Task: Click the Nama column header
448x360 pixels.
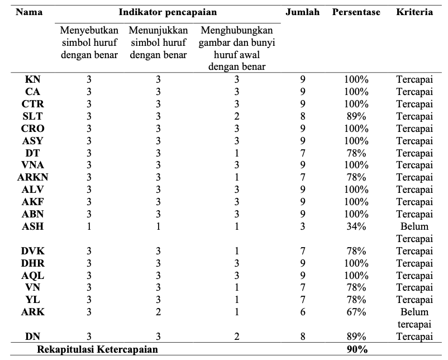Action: [29, 12]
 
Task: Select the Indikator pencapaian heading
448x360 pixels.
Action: [168, 12]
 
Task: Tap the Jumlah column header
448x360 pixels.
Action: [303, 12]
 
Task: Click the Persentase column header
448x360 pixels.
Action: [356, 12]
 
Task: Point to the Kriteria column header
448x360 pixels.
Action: [414, 12]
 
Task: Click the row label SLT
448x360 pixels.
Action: [32, 116]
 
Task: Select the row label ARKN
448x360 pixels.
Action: [32, 177]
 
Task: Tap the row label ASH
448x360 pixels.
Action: [32, 226]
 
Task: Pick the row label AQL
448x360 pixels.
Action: [32, 276]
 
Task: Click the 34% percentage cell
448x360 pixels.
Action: [356, 226]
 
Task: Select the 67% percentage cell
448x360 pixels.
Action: [356, 312]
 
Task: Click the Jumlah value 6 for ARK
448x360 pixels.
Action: [303, 312]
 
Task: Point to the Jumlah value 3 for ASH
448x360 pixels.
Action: [303, 226]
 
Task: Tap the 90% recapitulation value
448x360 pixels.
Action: [357, 349]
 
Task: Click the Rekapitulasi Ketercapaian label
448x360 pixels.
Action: [97, 349]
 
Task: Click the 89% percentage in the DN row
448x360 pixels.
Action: [356, 337]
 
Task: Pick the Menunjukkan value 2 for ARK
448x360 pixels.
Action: [158, 312]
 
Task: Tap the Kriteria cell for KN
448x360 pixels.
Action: [414, 79]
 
